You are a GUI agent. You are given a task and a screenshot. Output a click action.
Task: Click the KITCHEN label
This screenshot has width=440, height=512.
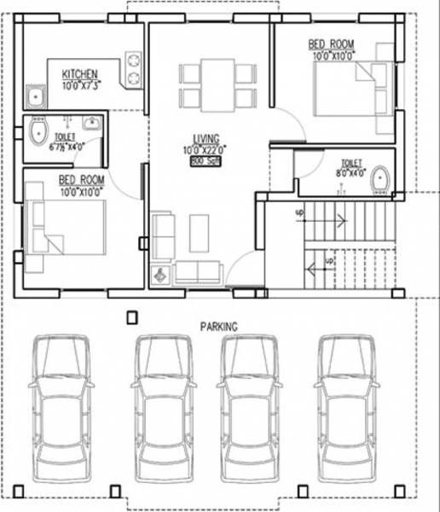[80, 75]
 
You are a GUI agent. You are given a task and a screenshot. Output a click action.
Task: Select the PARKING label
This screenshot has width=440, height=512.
[218, 326]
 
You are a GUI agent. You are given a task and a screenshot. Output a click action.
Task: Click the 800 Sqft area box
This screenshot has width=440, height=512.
[206, 160]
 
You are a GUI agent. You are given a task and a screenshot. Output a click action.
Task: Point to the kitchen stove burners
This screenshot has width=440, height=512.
[134, 72]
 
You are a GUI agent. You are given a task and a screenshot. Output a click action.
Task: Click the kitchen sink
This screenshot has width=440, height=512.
[35, 96]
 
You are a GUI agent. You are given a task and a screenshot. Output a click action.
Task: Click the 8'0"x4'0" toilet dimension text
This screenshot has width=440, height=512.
[349, 172]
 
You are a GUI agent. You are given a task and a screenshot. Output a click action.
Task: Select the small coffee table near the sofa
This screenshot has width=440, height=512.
[198, 230]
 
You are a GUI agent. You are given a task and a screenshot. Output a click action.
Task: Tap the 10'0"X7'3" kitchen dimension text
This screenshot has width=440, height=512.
[81, 84]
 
